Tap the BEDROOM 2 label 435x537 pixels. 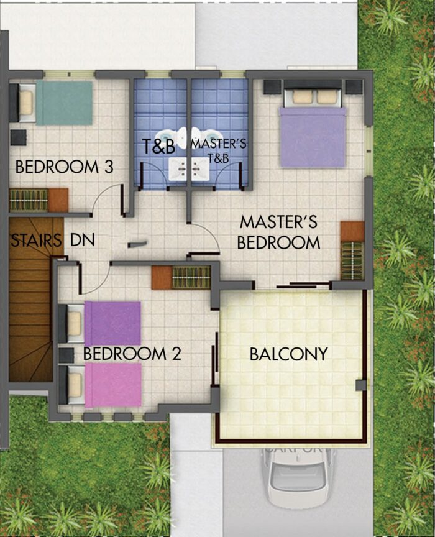[132, 354]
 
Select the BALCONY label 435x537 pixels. [288, 354]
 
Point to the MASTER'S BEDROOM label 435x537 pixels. [279, 232]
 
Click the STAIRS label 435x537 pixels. [35, 240]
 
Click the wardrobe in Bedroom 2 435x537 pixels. [181, 277]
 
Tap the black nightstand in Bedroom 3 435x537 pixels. [18, 137]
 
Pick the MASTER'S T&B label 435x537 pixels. [218, 150]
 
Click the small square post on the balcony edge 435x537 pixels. [361, 385]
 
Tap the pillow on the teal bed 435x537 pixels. [26, 103]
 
